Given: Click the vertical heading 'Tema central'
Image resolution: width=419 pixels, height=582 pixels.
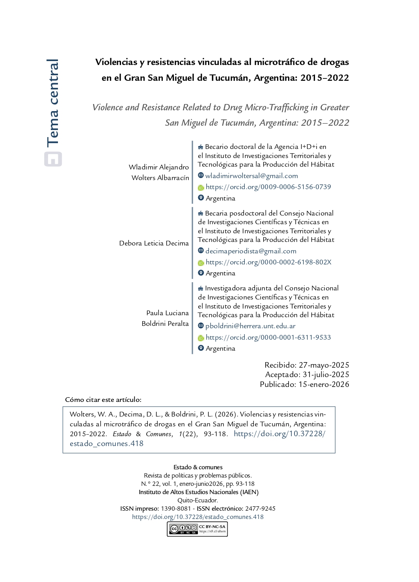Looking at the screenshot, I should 53,103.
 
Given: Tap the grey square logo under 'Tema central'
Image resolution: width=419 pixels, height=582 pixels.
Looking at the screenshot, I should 53,159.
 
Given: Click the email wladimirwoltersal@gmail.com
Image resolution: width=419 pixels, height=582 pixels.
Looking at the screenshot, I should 251,176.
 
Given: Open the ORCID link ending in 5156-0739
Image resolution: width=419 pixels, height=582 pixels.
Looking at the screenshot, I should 268,187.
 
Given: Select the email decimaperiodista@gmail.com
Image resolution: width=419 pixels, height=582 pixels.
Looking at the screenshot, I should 251,251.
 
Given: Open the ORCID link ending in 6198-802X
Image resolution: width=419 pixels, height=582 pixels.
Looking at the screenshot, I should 268,262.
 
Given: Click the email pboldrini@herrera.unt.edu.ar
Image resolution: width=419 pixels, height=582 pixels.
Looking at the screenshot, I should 250,326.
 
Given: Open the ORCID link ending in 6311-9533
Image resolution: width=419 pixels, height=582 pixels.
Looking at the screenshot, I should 268,337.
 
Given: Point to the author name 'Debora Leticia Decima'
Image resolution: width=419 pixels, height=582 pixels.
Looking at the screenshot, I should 154,243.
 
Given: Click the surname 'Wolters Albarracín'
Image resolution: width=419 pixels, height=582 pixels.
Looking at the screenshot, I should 160,178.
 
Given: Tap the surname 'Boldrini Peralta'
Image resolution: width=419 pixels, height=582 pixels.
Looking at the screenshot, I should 165,324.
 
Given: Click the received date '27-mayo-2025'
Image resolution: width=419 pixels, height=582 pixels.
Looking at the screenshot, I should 324,365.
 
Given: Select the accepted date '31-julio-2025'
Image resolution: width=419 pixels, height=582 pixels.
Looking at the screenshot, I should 326,374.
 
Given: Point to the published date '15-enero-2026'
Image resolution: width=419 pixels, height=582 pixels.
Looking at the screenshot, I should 324,384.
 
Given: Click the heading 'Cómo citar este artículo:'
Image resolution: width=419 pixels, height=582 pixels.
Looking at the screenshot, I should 103,400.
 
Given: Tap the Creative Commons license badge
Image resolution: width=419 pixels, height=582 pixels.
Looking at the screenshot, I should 197,529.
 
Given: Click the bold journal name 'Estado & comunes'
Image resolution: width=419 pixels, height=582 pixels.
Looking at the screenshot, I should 198,467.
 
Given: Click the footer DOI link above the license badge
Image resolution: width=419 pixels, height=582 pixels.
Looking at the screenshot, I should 198,517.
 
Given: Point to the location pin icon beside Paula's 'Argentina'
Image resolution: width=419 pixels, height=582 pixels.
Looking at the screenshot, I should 201,348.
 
